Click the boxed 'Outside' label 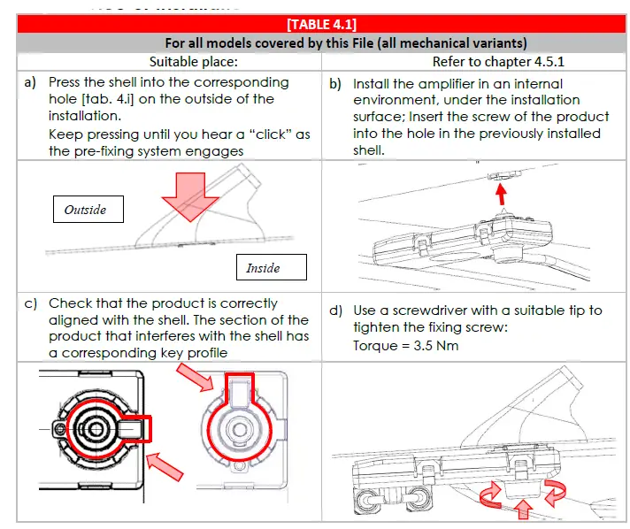point(85,210)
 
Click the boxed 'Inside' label point(263,267)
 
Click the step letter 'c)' point(31,303)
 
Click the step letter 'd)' point(335,310)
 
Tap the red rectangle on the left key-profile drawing point(137,430)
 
